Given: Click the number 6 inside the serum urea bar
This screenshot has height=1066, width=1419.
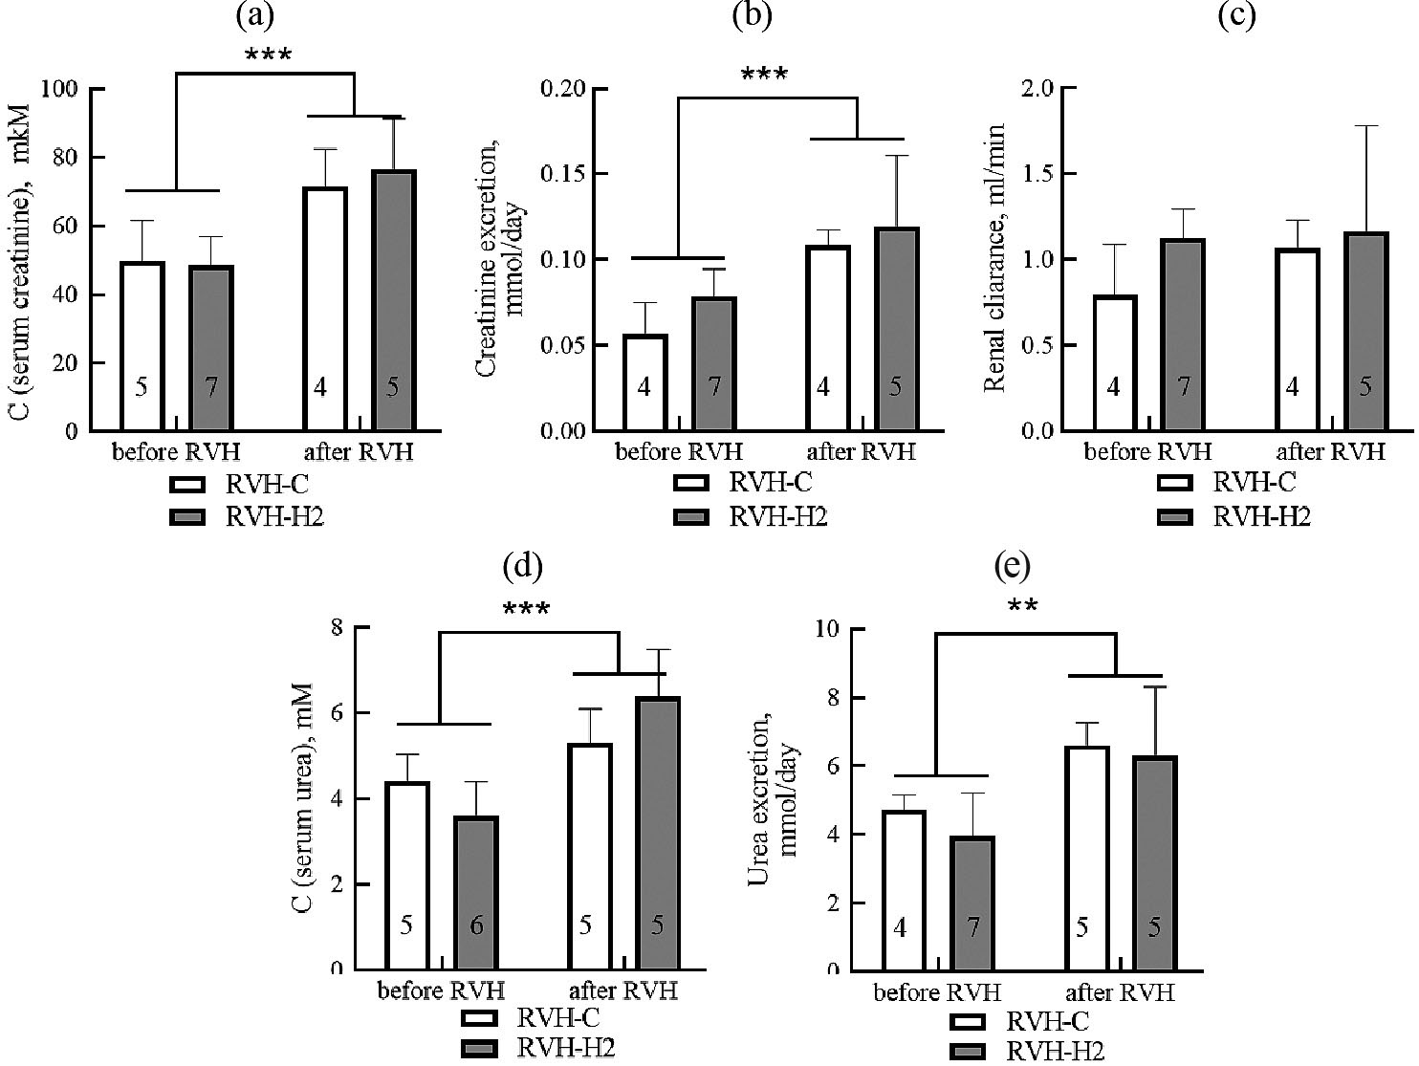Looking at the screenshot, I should (476, 925).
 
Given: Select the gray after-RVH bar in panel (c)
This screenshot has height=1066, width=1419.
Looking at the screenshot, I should (1364, 331).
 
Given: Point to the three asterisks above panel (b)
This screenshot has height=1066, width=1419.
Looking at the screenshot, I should (765, 74).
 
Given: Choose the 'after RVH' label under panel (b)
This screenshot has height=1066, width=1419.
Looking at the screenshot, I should (861, 452).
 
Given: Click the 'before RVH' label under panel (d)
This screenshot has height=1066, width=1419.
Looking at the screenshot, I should (440, 990).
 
